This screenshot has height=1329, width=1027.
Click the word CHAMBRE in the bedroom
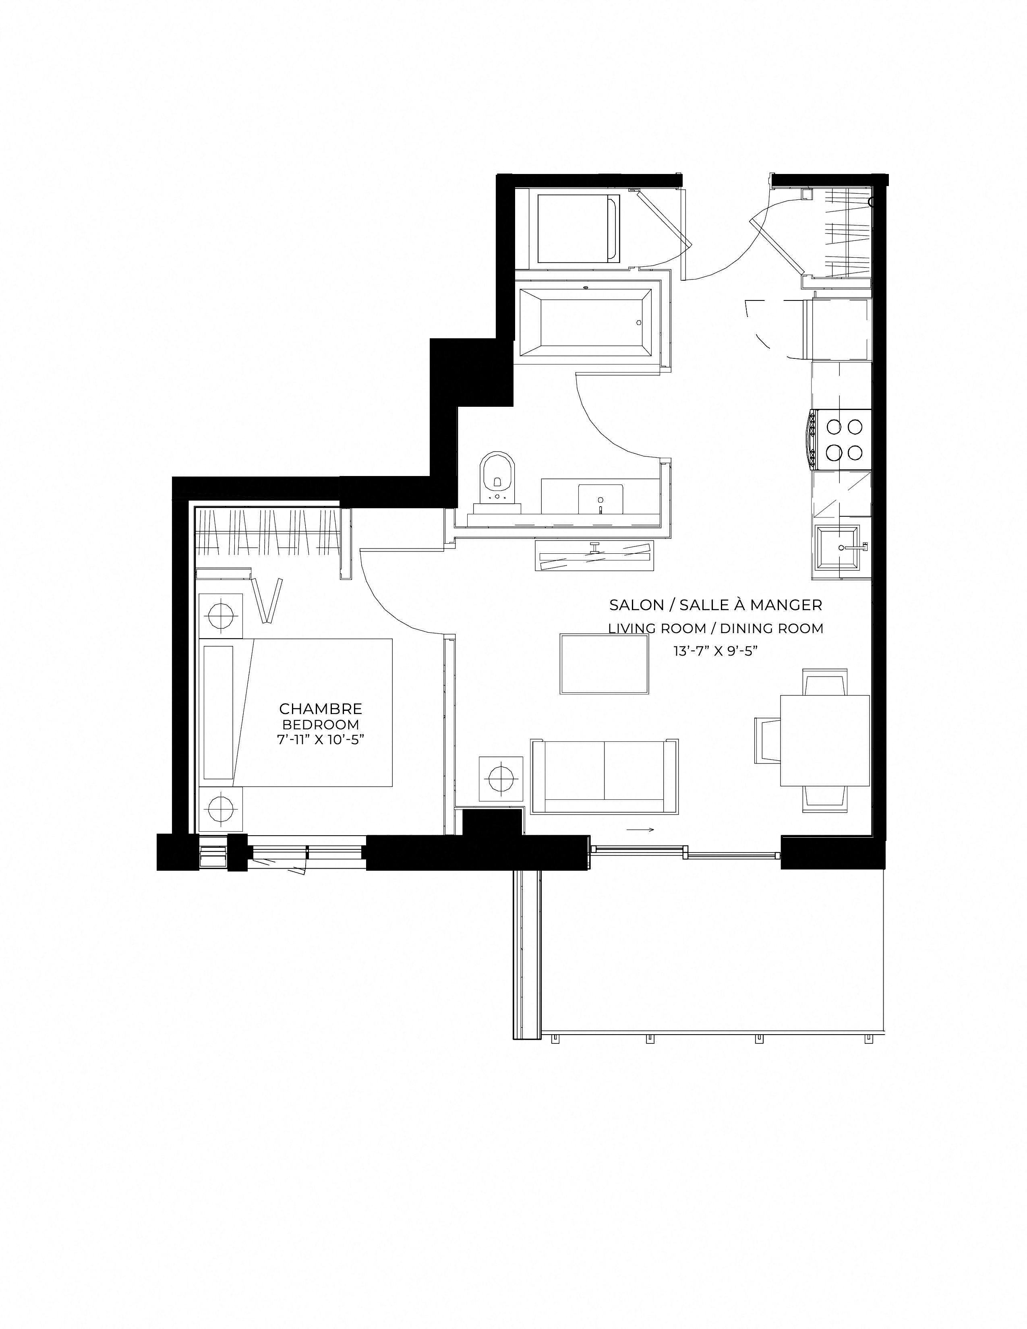click(321, 708)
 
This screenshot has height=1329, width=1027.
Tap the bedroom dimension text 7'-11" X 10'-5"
click(321, 739)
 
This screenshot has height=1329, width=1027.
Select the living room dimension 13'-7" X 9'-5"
click(716, 650)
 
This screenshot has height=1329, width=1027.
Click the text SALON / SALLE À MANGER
click(716, 605)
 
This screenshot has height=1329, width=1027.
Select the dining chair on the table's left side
click(768, 741)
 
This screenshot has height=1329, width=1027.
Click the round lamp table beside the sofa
click(501, 779)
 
